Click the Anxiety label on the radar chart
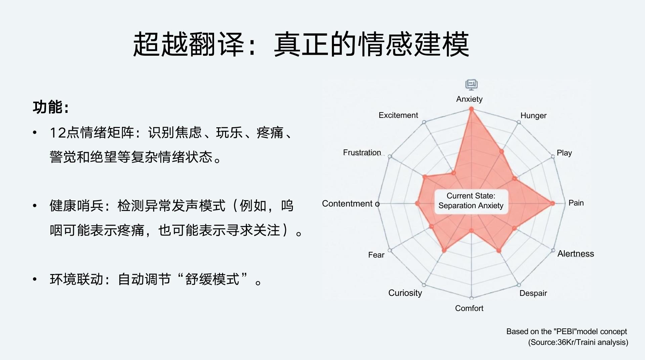[x=469, y=99]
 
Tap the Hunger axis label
[x=533, y=116]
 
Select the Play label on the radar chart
[x=564, y=153]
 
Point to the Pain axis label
[x=576, y=203]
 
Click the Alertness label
[x=575, y=254]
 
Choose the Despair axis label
[x=533, y=293]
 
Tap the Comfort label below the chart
[x=469, y=308]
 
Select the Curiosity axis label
[x=405, y=293]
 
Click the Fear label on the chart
[x=376, y=255]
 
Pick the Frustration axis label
[x=362, y=152]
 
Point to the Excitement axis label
[x=398, y=115]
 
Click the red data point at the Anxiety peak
[x=471, y=109]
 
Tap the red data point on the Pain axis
[x=552, y=203]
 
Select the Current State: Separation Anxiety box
[x=471, y=201]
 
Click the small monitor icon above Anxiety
[x=471, y=85]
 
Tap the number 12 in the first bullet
[x=57, y=133]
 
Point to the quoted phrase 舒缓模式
[x=212, y=279]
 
